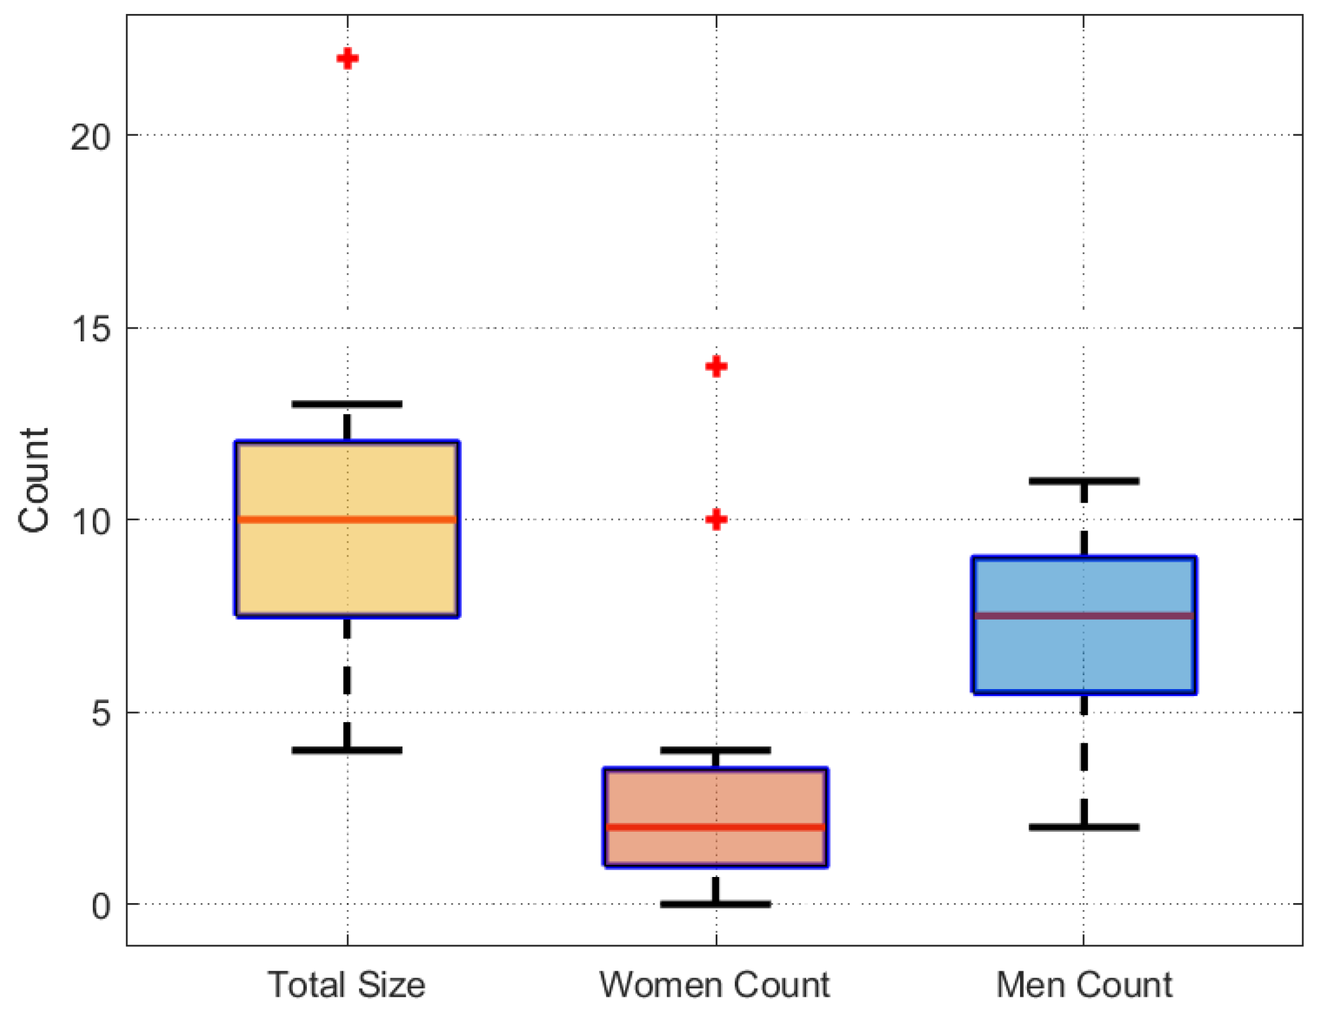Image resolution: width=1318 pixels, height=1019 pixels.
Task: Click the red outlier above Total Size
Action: (347, 59)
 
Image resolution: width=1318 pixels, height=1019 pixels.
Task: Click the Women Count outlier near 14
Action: (716, 366)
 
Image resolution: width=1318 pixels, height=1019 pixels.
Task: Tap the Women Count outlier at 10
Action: (716, 520)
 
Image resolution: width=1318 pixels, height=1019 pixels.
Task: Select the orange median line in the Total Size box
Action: (347, 520)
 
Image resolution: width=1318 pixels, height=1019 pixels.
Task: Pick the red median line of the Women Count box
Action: (716, 827)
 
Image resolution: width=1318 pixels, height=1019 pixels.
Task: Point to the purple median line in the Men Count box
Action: (1084, 616)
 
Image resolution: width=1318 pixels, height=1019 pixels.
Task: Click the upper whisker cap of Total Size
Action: (347, 404)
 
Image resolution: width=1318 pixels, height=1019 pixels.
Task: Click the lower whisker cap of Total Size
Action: (347, 750)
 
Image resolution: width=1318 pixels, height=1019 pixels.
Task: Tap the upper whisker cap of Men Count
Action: (1084, 481)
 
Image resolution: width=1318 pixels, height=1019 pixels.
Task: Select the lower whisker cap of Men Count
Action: (1084, 827)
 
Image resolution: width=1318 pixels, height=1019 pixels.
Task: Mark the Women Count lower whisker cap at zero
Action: (716, 904)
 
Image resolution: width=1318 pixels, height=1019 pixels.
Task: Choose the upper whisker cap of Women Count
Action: (716, 750)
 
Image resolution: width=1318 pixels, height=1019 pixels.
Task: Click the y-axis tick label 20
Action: (90, 136)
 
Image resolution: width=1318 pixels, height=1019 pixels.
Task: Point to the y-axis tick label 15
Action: (90, 329)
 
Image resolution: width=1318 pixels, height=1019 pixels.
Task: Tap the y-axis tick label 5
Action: (101, 713)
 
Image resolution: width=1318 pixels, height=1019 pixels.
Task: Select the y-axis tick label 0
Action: (101, 906)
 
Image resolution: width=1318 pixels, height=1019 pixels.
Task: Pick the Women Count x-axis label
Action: (714, 985)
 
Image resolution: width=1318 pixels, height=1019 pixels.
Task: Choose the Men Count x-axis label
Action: (1084, 985)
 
